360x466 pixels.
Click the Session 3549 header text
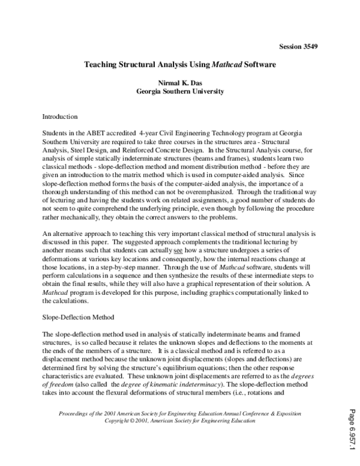(299, 46)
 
